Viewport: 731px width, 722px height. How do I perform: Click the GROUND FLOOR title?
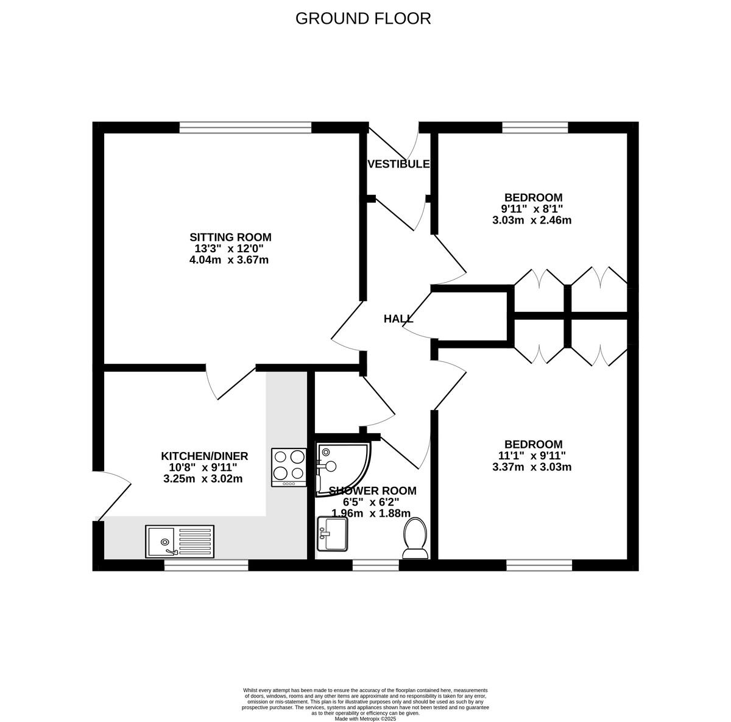pyautogui.click(x=363, y=18)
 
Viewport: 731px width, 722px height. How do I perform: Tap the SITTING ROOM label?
pyautogui.click(x=230, y=237)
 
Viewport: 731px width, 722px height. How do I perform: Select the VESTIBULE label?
pyautogui.click(x=398, y=164)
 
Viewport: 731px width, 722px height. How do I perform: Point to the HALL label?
pyautogui.click(x=398, y=319)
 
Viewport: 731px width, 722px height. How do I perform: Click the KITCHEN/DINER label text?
pyautogui.click(x=204, y=456)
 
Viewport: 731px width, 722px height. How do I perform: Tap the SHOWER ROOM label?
pyautogui.click(x=372, y=490)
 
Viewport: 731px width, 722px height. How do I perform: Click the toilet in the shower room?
pyautogui.click(x=415, y=538)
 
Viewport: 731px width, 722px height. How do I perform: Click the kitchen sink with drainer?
pyautogui.click(x=180, y=541)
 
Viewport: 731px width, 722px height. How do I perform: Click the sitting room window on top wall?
pyautogui.click(x=245, y=127)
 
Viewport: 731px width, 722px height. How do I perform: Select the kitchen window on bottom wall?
pyautogui.click(x=206, y=565)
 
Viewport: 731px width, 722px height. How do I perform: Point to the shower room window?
pyautogui.click(x=375, y=565)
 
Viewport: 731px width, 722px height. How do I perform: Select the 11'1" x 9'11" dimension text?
pyautogui.click(x=531, y=456)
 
